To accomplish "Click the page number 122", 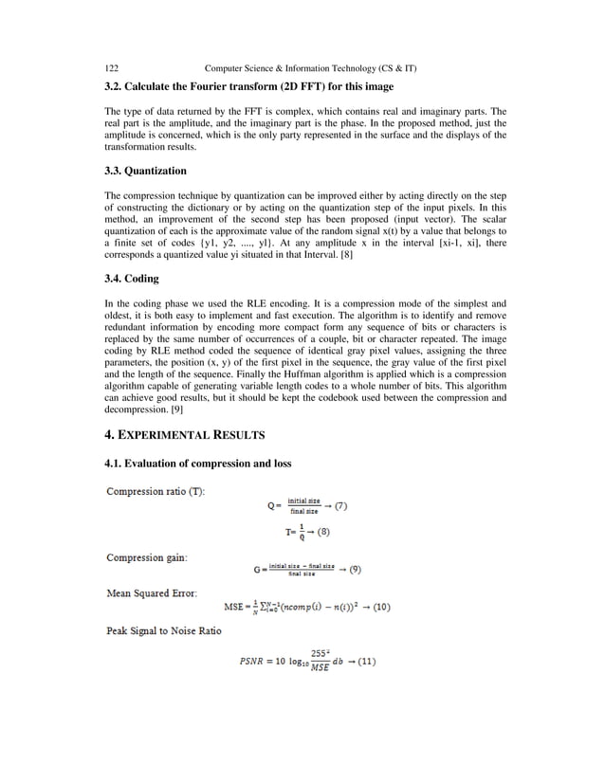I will pyautogui.click(x=111, y=69).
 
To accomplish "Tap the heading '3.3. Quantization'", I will pyautogui.click(x=145, y=172).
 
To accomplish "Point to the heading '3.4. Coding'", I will pyautogui.click(x=132, y=280).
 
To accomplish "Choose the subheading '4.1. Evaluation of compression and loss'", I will pyautogui.click(x=197, y=463).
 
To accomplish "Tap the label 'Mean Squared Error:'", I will pyautogui.click(x=152, y=593).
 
